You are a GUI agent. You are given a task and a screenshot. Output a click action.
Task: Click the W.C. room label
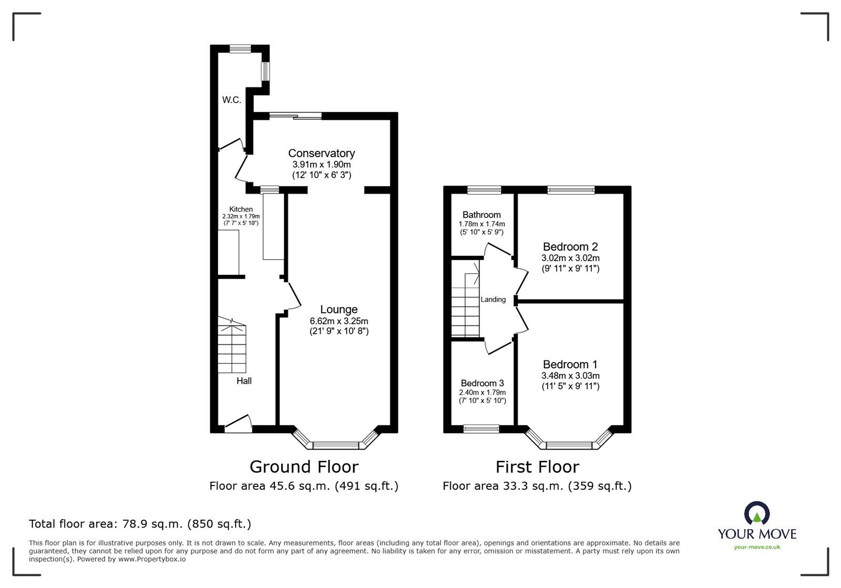pos(231,100)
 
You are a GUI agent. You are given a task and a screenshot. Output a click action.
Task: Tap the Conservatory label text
pos(321,153)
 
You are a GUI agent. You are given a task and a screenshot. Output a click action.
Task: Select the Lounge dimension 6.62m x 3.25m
pos(339,321)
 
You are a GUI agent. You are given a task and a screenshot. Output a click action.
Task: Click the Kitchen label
pos(241,209)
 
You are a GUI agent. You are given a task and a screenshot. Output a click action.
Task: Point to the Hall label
pos(244,381)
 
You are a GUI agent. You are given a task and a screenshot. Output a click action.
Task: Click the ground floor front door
pos(238,424)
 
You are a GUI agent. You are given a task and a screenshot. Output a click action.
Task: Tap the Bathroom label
pos(481,214)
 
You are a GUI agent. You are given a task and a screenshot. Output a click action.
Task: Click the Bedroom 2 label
pos(570,246)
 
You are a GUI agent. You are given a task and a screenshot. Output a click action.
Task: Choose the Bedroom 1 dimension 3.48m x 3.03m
pos(570,376)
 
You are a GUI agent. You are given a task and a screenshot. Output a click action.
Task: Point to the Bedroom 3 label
pos(482,383)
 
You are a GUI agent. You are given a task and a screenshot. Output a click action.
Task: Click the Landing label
pos(493,300)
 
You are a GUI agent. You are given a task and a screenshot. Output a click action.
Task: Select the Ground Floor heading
pos(304,467)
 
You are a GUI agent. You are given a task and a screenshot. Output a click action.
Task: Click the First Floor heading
pos(537,467)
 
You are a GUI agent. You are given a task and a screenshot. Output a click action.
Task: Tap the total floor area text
pos(140,524)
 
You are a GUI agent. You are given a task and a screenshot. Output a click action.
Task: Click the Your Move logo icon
pos(757,513)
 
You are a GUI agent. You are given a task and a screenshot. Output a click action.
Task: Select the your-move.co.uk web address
pos(757,547)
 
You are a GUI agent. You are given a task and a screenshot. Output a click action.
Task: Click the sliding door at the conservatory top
pos(295,116)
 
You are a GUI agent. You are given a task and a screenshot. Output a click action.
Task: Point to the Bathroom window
pos(484,190)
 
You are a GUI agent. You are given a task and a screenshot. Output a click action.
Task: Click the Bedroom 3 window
pos(481,428)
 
